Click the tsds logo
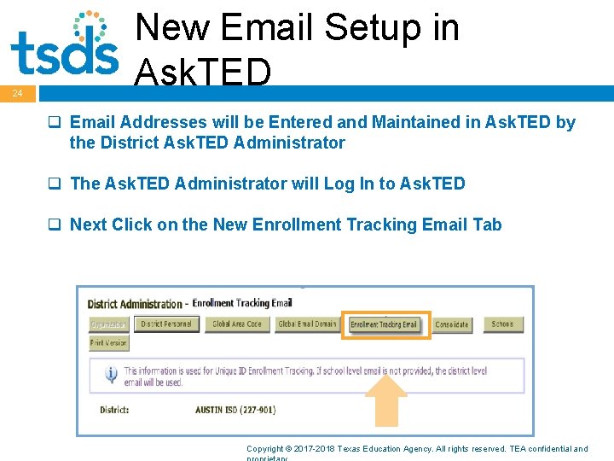point(64,44)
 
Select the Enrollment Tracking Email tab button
point(385,324)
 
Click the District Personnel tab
point(168,324)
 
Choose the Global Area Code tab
point(237,324)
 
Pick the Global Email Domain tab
point(308,324)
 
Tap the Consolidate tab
point(452,324)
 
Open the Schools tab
point(503,324)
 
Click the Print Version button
point(108,343)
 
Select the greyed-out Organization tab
point(108,324)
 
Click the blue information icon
point(111,375)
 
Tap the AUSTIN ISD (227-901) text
point(235,410)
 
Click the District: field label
point(114,410)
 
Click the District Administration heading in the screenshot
point(135,304)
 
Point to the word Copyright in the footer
point(265,448)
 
